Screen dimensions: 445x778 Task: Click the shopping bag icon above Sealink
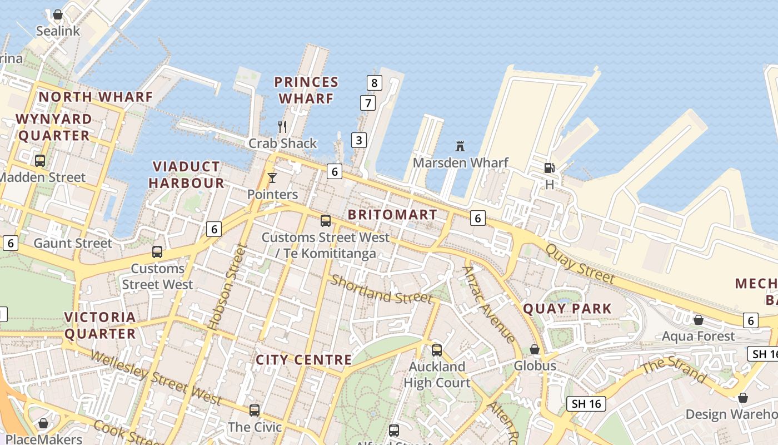(x=58, y=14)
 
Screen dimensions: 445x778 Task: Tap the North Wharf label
(x=96, y=97)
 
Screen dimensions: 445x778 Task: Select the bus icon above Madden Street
(x=40, y=161)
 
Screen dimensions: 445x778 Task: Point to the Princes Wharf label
(x=306, y=90)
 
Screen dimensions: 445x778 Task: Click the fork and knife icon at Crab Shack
(x=282, y=127)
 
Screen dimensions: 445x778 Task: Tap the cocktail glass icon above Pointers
(x=272, y=178)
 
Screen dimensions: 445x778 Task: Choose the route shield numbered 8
(x=375, y=83)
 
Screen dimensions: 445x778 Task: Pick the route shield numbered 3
(x=359, y=140)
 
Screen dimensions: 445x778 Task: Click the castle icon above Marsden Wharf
(x=460, y=146)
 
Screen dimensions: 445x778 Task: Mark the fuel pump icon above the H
(x=549, y=167)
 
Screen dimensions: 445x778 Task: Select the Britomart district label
(x=392, y=215)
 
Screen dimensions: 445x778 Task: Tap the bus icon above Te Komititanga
(x=326, y=221)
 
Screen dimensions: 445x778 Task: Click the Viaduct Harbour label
(x=186, y=175)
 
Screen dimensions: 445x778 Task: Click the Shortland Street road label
(x=381, y=289)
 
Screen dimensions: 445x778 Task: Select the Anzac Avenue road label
(x=488, y=304)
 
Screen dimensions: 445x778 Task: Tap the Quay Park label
(x=567, y=309)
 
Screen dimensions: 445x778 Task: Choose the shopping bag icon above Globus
(x=535, y=349)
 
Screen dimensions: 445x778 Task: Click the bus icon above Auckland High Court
(x=437, y=350)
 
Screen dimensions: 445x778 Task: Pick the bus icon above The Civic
(x=255, y=411)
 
